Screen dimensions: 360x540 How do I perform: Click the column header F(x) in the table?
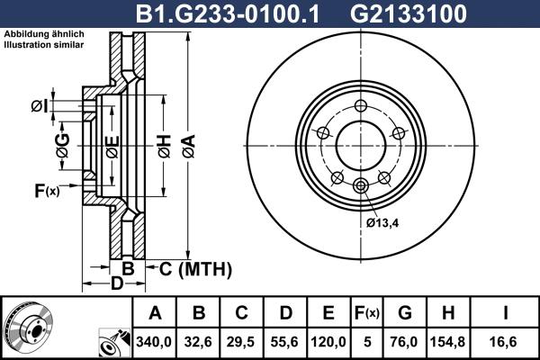click(x=367, y=313)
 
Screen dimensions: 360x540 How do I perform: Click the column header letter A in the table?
click(x=156, y=313)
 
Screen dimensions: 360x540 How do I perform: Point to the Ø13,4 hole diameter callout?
click(x=384, y=222)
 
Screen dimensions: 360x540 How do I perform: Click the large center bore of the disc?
click(x=361, y=144)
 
